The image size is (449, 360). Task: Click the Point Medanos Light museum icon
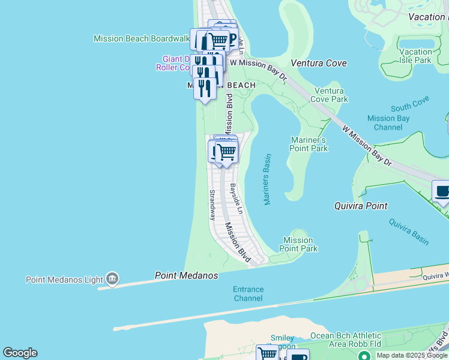(x=112, y=279)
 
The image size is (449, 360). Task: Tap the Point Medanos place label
(x=186, y=275)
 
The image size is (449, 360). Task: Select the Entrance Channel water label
(x=248, y=293)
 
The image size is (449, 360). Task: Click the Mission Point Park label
(x=298, y=244)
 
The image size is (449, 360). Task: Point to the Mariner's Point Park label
(x=309, y=144)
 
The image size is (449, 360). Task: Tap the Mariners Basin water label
(x=267, y=179)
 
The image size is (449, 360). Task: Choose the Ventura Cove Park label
(x=330, y=95)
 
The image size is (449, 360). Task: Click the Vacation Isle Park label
(x=415, y=56)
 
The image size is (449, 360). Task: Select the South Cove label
(x=410, y=108)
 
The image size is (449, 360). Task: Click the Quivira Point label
(x=360, y=206)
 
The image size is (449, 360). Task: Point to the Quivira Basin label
(x=409, y=231)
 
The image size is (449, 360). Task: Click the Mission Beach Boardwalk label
(x=141, y=38)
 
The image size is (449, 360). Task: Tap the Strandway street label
(x=212, y=205)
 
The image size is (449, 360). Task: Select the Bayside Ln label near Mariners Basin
(x=237, y=197)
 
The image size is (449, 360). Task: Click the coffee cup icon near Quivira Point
(x=443, y=192)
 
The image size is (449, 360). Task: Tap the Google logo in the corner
(x=20, y=353)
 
